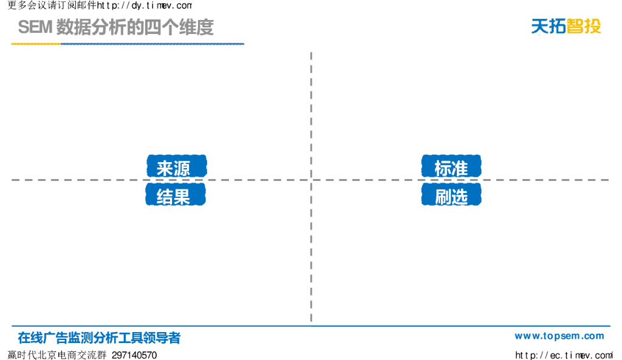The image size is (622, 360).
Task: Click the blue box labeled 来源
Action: coord(176,166)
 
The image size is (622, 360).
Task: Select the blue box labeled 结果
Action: coord(176,195)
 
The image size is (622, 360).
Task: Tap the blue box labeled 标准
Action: coord(451,166)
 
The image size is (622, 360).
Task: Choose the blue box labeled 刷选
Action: coord(451,195)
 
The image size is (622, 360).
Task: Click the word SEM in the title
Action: coord(35,28)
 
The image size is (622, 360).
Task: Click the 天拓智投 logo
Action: coord(566,26)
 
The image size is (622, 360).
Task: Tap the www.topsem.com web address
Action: coord(559,336)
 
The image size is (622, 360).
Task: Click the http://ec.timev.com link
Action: coord(563,355)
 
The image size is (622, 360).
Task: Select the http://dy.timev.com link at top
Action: coord(145,5)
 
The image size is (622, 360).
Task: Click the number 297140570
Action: coord(134,355)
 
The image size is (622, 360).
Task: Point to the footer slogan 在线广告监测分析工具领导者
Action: coord(99,338)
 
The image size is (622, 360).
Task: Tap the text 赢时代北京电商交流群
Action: coord(57,355)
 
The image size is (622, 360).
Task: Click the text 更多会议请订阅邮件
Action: coord(52,5)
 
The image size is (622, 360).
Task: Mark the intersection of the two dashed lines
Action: coord(311,180)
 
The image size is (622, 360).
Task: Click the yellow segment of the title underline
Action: coord(36,44)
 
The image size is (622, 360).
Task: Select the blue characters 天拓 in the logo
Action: coord(549,26)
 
